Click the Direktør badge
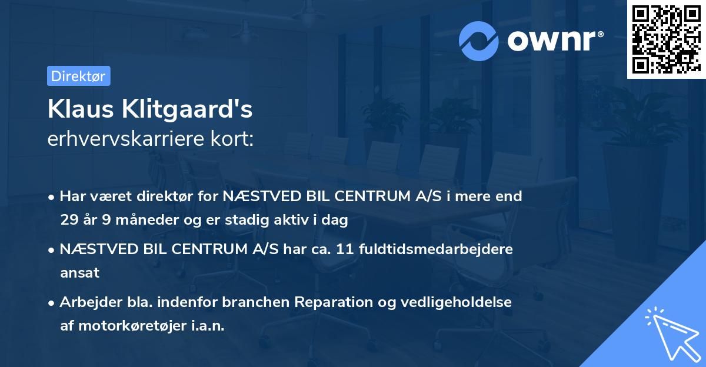coord(78,76)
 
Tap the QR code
coord(666,39)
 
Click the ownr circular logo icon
coord(479,41)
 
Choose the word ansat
coord(79,273)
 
